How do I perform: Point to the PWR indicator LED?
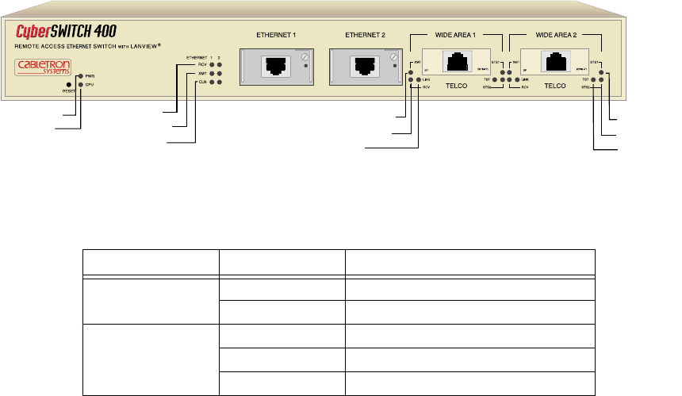coord(79,76)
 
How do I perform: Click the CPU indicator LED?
coord(79,83)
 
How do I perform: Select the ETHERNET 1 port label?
coord(274,36)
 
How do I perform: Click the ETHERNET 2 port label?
coord(366,36)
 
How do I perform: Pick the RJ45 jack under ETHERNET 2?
coord(366,66)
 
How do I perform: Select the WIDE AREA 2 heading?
coord(555,36)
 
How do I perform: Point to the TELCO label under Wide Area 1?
coord(458,83)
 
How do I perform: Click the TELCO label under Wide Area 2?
coord(555,83)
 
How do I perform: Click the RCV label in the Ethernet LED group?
coord(202,65)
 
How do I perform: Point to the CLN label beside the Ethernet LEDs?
coord(202,81)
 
